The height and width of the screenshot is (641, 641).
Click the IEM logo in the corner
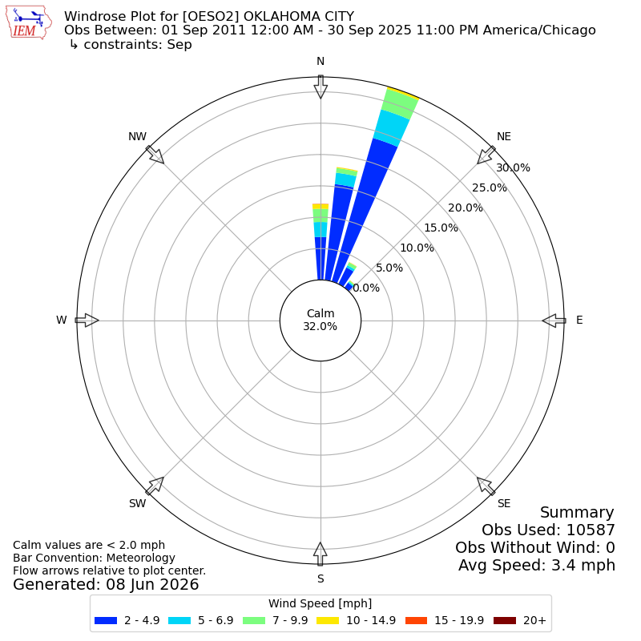point(29,22)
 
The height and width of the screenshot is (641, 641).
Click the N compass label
point(320,62)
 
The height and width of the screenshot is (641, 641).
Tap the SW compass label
point(137,503)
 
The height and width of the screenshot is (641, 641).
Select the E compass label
point(579,320)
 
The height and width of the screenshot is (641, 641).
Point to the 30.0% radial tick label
point(513,167)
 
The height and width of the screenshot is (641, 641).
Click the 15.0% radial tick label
point(441,228)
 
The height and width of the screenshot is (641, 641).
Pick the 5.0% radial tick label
point(389,268)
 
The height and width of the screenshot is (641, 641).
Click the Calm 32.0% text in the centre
point(320,320)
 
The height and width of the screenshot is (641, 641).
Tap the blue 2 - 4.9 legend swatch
point(106,620)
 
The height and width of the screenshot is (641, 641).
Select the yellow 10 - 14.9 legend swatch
point(328,620)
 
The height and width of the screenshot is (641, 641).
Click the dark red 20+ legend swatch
point(505,620)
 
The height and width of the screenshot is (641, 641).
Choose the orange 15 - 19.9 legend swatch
point(416,620)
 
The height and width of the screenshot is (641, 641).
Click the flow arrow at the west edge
point(87,320)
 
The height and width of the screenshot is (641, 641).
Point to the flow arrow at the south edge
point(320,554)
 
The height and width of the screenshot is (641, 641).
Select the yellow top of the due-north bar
point(320,207)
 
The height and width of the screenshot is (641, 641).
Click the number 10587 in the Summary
point(591,530)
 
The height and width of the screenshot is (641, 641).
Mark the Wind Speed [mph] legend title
point(320,603)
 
